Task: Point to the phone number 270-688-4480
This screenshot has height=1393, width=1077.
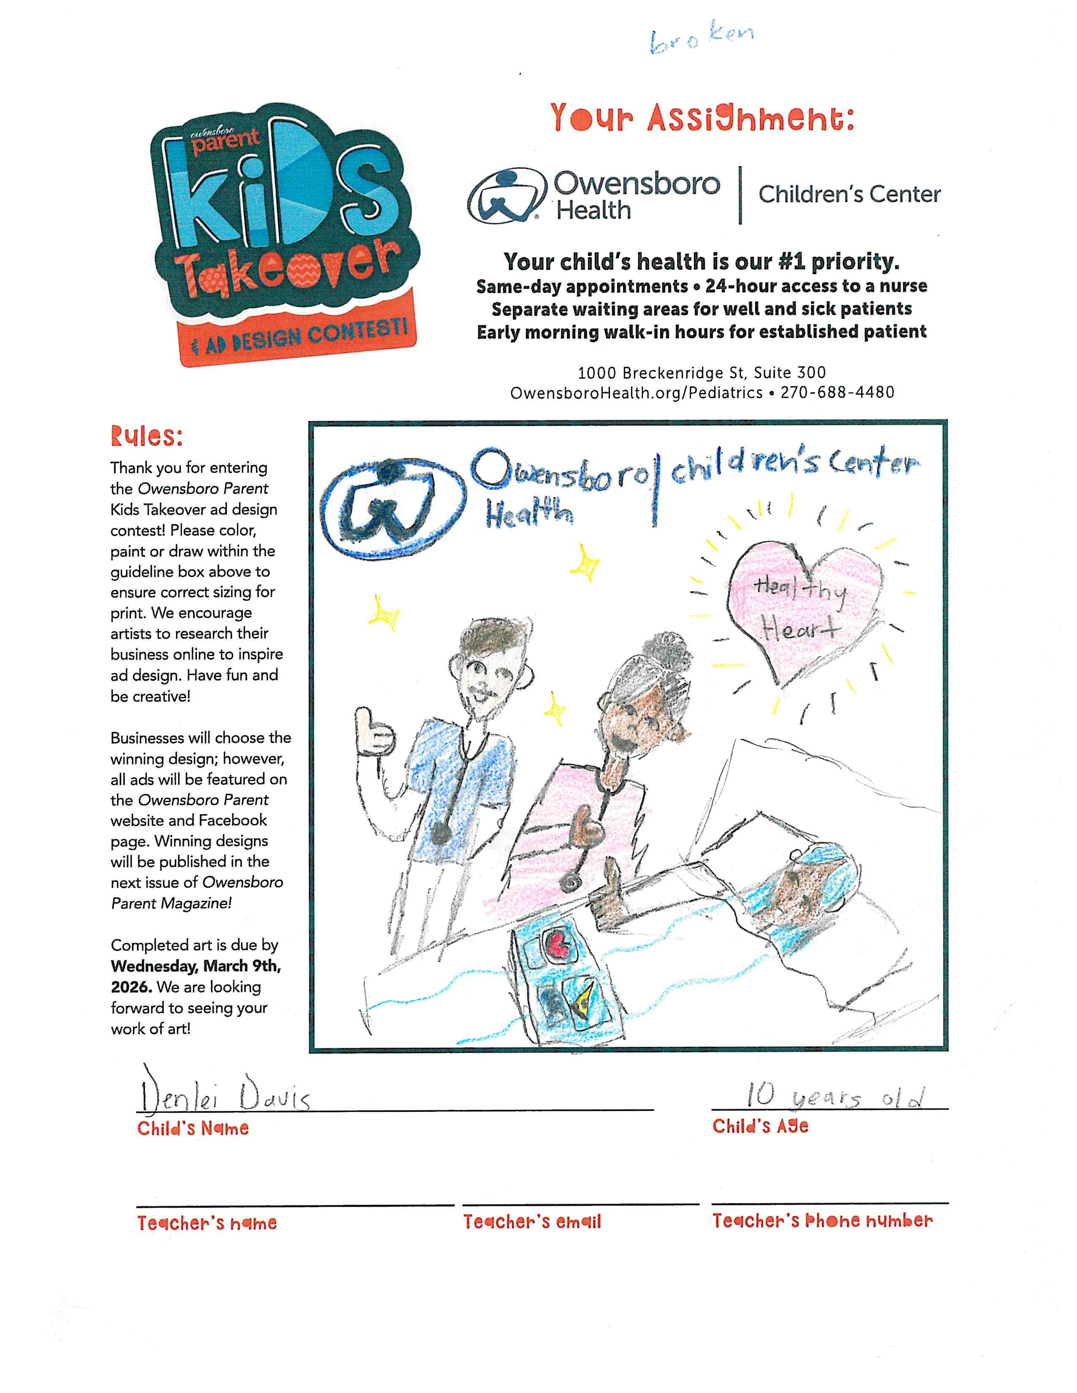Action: click(x=837, y=392)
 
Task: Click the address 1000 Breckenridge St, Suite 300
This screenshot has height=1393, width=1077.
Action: click(x=702, y=372)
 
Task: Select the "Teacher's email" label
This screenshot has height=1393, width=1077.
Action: click(x=532, y=1222)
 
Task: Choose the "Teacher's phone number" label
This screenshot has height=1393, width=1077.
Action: click(x=822, y=1221)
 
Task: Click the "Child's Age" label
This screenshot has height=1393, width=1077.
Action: click(x=760, y=1126)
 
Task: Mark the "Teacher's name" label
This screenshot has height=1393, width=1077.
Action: click(x=207, y=1223)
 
